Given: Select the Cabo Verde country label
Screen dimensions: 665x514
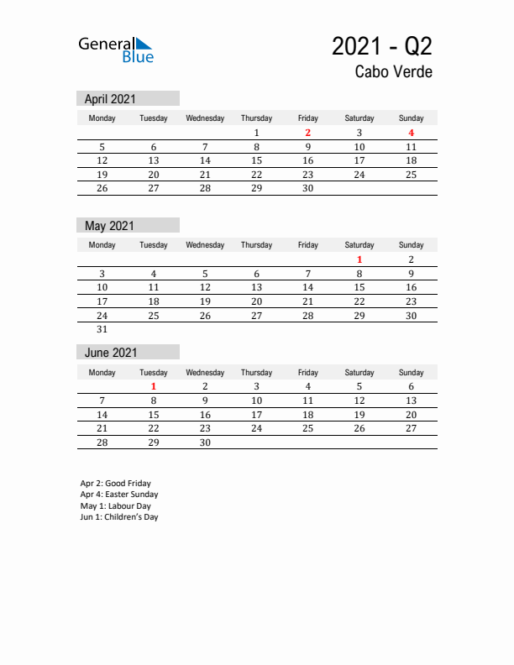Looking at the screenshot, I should click(x=393, y=72).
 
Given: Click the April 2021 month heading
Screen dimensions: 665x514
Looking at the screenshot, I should click(x=110, y=98).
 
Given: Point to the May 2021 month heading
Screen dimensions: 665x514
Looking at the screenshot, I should click(x=109, y=225).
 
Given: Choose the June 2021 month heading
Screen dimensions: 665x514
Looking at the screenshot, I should click(x=111, y=353).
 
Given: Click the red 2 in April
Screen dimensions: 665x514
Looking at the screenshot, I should click(x=308, y=133).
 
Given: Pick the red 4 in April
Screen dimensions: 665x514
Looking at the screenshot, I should click(x=411, y=133).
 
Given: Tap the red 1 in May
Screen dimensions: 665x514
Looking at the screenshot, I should click(x=359, y=259).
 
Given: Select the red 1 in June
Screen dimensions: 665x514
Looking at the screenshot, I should click(x=154, y=386).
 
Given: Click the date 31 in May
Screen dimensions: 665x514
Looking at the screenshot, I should click(x=102, y=330).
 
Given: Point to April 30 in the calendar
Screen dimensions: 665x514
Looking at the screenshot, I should click(x=308, y=188).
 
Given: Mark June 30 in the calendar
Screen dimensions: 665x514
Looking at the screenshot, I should click(x=205, y=442).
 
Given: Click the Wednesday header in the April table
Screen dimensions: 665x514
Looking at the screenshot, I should click(x=205, y=118).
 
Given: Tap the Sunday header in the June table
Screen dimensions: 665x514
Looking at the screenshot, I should click(x=411, y=372).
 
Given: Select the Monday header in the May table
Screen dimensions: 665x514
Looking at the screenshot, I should click(x=102, y=245).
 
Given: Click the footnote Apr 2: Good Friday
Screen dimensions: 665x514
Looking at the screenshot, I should click(x=116, y=484).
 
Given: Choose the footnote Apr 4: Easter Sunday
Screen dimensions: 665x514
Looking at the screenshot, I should click(x=119, y=495).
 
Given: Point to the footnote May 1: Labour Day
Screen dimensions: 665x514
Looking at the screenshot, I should click(x=116, y=506).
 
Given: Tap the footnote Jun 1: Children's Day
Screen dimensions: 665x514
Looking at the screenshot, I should click(x=119, y=517).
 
